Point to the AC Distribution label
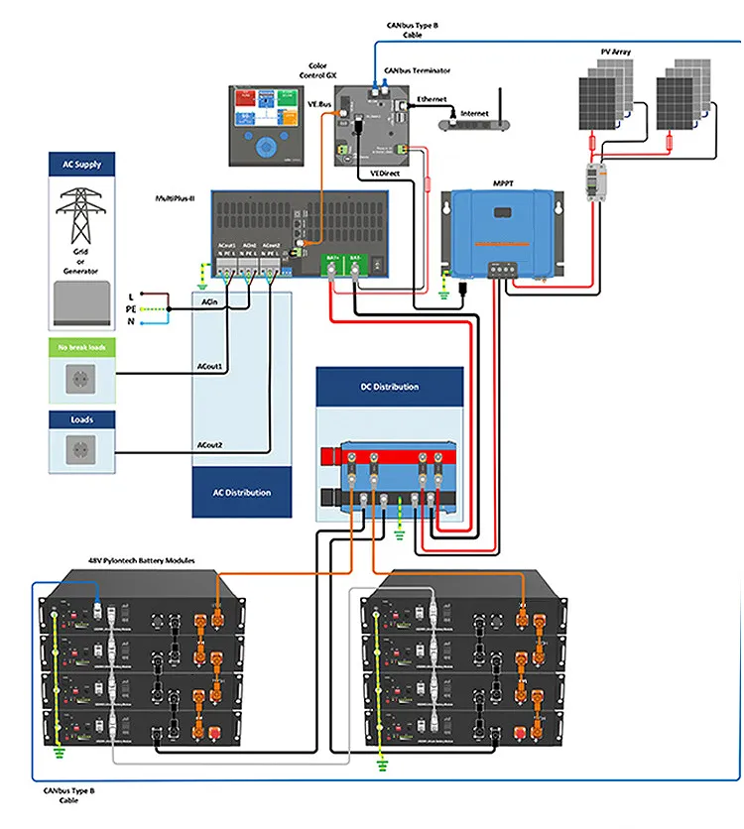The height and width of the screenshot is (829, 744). click(x=242, y=493)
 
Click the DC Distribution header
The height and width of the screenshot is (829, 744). click(x=389, y=387)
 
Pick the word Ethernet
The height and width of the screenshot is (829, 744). click(x=432, y=100)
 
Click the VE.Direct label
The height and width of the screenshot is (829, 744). click(x=385, y=174)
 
